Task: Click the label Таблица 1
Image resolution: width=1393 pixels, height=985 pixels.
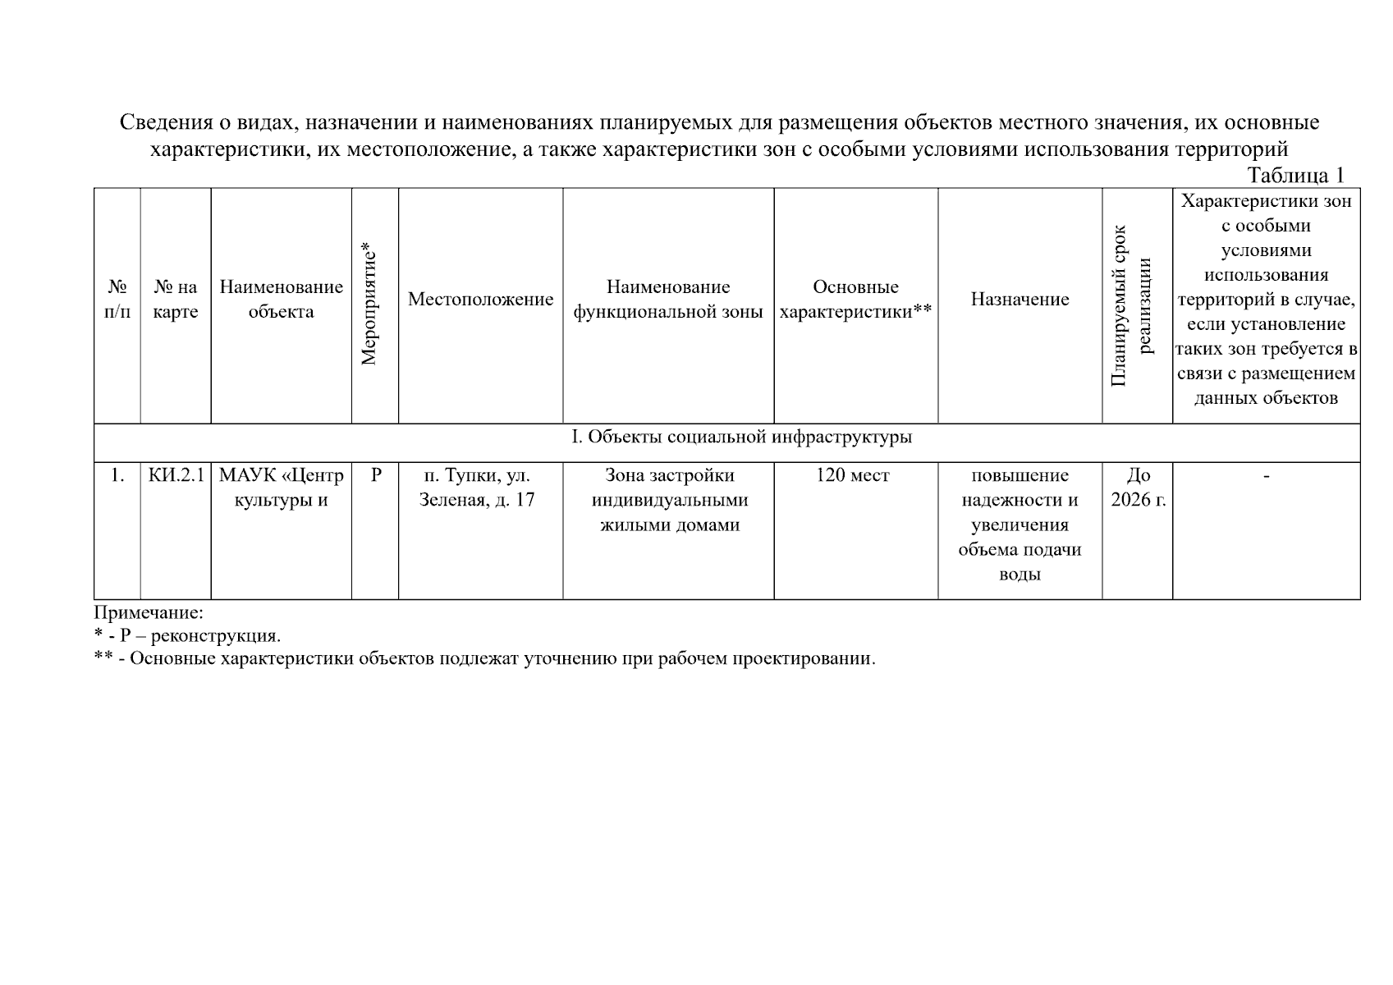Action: [x=1295, y=176]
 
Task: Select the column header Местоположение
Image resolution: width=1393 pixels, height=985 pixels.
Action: [x=480, y=300]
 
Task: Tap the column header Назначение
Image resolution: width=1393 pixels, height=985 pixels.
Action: [x=1020, y=300]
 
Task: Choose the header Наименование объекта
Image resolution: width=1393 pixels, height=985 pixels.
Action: [x=281, y=300]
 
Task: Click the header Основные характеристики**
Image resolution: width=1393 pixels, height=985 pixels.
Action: [x=855, y=300]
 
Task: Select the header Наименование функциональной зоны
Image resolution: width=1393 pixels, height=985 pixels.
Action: [x=668, y=300]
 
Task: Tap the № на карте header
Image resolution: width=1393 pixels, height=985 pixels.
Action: [x=176, y=300]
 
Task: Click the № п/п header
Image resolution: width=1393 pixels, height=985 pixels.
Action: [x=117, y=300]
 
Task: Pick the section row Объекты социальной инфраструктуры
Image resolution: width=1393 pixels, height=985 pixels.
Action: [x=741, y=438]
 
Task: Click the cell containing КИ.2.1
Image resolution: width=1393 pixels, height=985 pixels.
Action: [x=176, y=476]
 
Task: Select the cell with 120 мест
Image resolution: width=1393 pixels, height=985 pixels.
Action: [x=853, y=476]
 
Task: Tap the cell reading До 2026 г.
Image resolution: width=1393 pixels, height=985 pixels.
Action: [x=1138, y=488]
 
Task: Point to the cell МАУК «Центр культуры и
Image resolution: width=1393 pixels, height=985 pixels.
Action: [x=281, y=488]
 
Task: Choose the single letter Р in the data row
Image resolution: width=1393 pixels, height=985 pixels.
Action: [x=376, y=476]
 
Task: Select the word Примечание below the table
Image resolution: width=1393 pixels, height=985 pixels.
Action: [x=149, y=613]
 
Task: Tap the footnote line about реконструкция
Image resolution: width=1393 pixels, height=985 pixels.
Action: [x=187, y=636]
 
